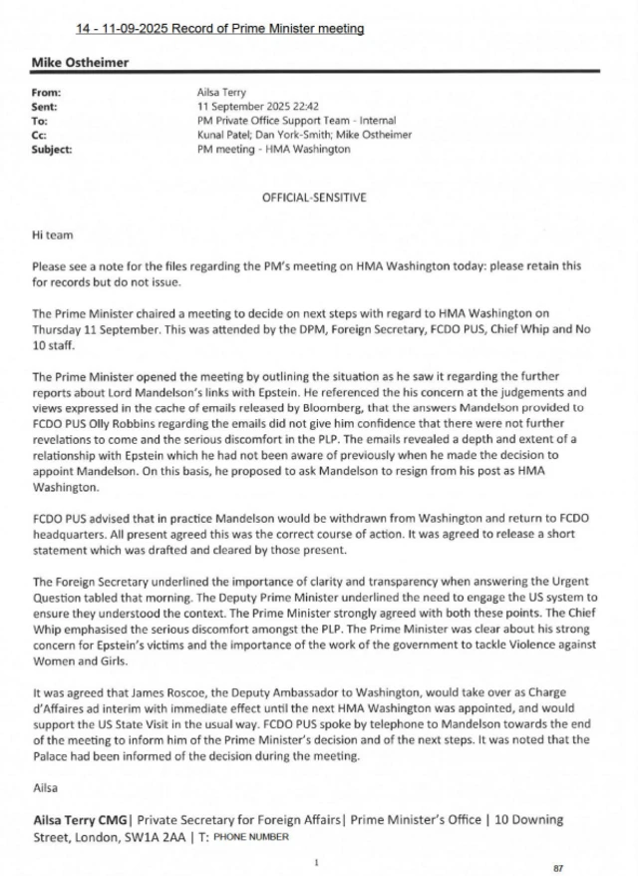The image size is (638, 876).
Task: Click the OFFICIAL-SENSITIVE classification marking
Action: tap(314, 198)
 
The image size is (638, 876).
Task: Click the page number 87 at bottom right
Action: tap(557, 866)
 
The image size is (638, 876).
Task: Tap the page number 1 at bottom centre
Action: tap(315, 860)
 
